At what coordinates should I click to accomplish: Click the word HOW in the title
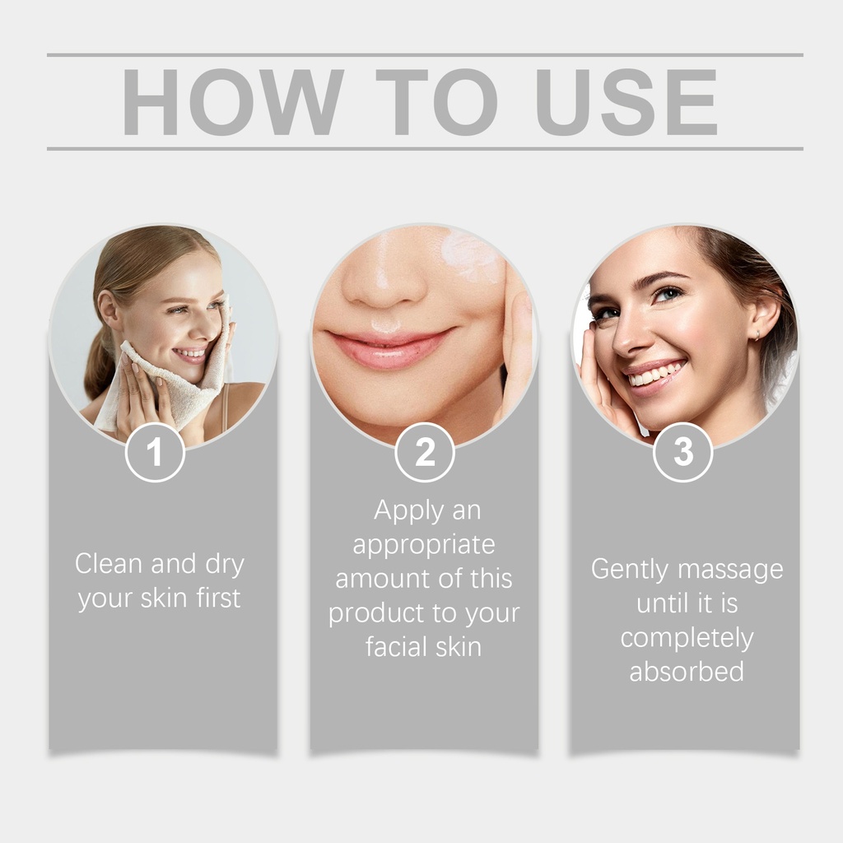point(232,102)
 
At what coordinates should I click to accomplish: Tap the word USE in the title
point(626,102)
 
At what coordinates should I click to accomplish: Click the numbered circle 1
point(155,452)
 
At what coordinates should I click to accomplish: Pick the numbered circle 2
point(425,452)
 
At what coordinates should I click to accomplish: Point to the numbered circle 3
point(682,452)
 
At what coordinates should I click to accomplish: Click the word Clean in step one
point(108,563)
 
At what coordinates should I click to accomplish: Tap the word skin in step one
point(164,598)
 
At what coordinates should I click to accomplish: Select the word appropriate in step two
point(424,546)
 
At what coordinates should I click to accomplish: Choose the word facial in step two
point(397,646)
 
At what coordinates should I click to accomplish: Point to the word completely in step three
point(687,639)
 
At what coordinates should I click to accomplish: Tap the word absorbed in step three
point(687,672)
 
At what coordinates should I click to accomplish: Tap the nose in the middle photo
point(384,280)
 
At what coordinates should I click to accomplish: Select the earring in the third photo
point(757,335)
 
